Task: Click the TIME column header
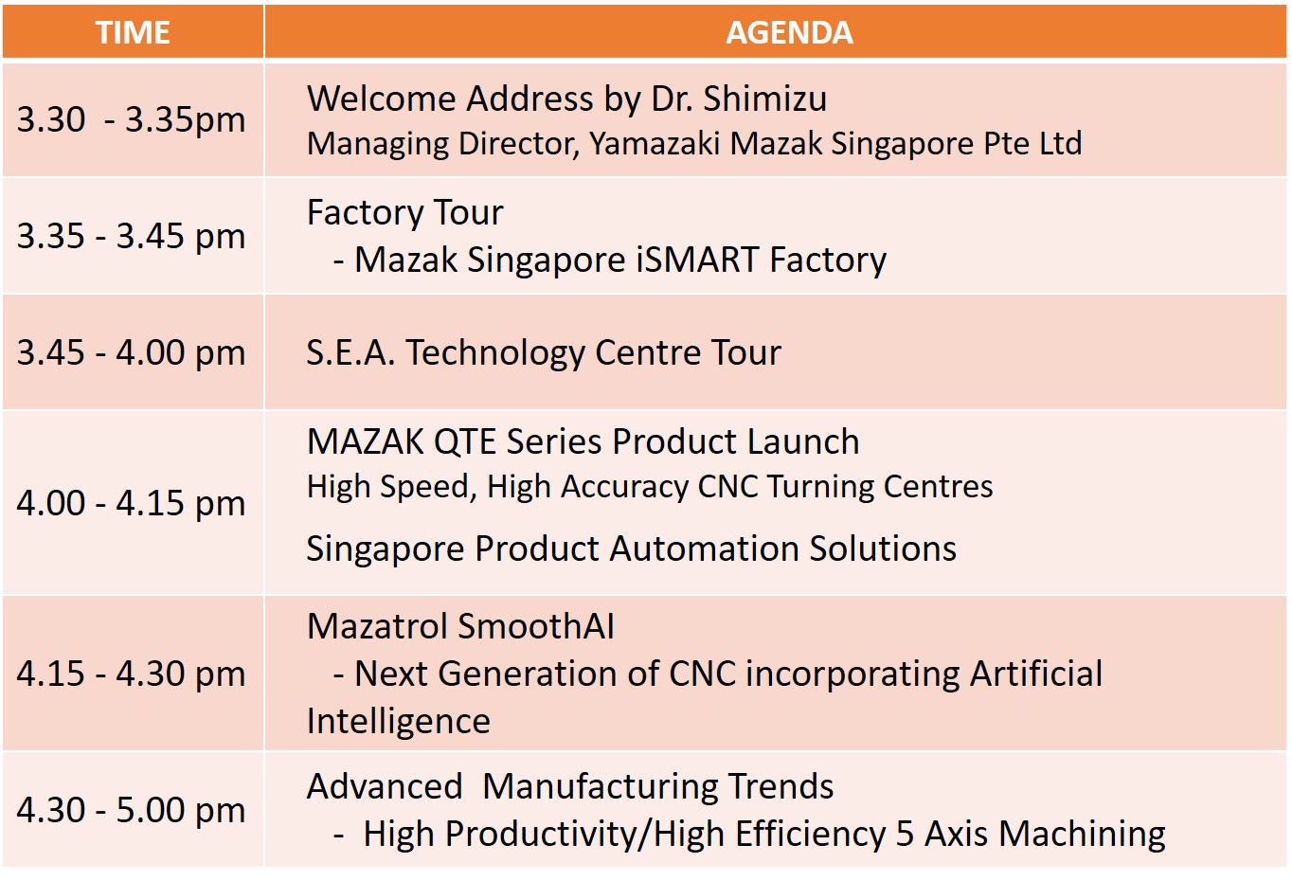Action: click(x=133, y=32)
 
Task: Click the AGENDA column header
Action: click(x=789, y=32)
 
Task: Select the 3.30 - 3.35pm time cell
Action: click(x=132, y=120)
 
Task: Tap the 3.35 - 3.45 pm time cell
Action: click(x=132, y=236)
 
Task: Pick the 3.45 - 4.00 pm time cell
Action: click(x=132, y=352)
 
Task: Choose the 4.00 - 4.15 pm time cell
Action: click(x=132, y=503)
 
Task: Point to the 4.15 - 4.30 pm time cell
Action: click(x=132, y=674)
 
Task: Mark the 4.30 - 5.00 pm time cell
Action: click(x=132, y=809)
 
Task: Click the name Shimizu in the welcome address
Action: click(x=764, y=99)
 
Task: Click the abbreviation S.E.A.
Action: click(x=350, y=352)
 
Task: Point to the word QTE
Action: click(x=465, y=442)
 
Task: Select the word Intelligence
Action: click(x=399, y=722)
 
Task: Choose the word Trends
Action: click(x=781, y=786)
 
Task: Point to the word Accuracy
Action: click(x=624, y=486)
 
